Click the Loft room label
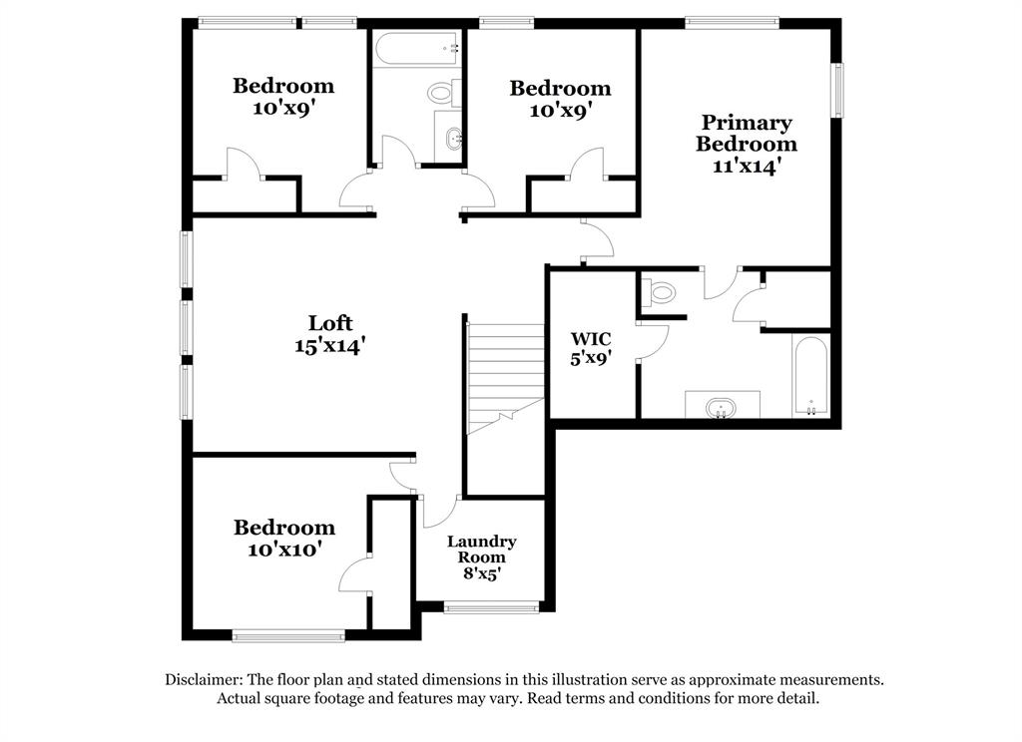coord(329,323)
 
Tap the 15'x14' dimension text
coord(329,346)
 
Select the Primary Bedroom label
coord(746,133)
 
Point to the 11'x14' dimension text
coord(746,167)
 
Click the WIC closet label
coord(590,339)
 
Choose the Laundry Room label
coord(481,549)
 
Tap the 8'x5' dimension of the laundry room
coord(481,573)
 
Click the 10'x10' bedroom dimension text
coord(284,550)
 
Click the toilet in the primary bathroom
coord(661,293)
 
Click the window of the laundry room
coord(491,606)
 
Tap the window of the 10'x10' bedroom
coord(288,634)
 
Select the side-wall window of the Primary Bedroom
coord(838,90)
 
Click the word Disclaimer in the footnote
coord(204,679)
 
